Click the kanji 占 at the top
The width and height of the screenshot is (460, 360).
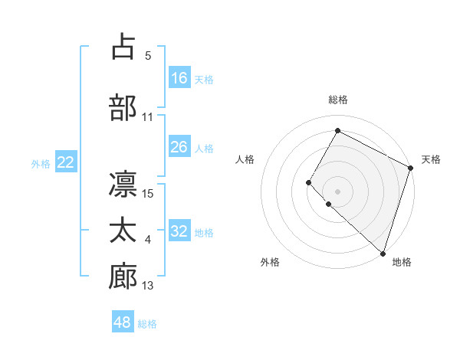[x=123, y=47]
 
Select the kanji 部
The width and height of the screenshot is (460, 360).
[x=123, y=107]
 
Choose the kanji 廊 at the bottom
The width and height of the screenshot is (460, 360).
[x=123, y=277]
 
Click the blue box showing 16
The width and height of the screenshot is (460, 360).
[x=179, y=78]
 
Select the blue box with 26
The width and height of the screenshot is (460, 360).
[x=179, y=147]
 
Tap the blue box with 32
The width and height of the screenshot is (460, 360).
[x=179, y=231]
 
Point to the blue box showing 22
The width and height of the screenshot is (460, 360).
[x=65, y=162]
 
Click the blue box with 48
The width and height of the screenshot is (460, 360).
[x=123, y=322]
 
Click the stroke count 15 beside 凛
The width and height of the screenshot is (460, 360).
[x=148, y=193]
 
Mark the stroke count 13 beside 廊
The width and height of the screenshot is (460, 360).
[x=148, y=286]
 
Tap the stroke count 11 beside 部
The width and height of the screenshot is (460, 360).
[x=148, y=116]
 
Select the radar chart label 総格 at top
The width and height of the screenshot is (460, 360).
[x=337, y=100]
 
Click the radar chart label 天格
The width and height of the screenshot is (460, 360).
[x=431, y=159]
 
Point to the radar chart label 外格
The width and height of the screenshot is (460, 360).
[x=270, y=262]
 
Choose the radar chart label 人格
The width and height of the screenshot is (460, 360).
[x=245, y=159]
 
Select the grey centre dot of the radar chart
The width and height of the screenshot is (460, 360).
[x=337, y=191]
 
